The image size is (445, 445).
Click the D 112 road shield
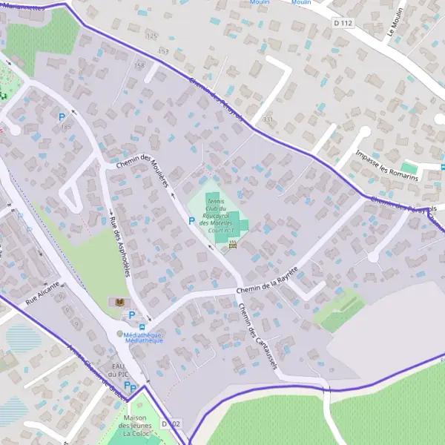click(x=343, y=24)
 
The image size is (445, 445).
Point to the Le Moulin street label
click(x=395, y=22)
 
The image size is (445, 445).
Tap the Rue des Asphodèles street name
click(x=119, y=248)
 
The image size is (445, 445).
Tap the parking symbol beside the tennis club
click(x=191, y=221)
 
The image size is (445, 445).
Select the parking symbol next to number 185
click(x=62, y=116)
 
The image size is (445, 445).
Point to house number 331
click(x=268, y=119)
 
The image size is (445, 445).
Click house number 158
click(x=139, y=66)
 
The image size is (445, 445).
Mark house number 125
click(x=152, y=36)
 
